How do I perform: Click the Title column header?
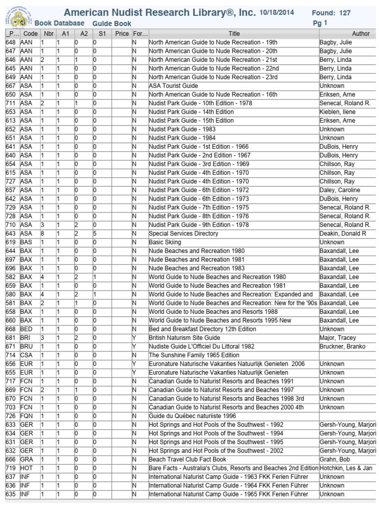coord(233,34)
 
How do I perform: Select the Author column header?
coord(361,34)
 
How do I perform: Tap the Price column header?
coord(121,34)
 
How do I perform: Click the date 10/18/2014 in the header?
coord(278,12)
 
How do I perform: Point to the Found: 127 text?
coord(331,13)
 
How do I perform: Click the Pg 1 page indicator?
coord(320,23)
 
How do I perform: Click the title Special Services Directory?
coord(183,233)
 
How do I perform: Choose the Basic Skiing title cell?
coord(165,242)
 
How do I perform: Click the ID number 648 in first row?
coord(10,42)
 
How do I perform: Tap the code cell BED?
coord(26,329)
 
